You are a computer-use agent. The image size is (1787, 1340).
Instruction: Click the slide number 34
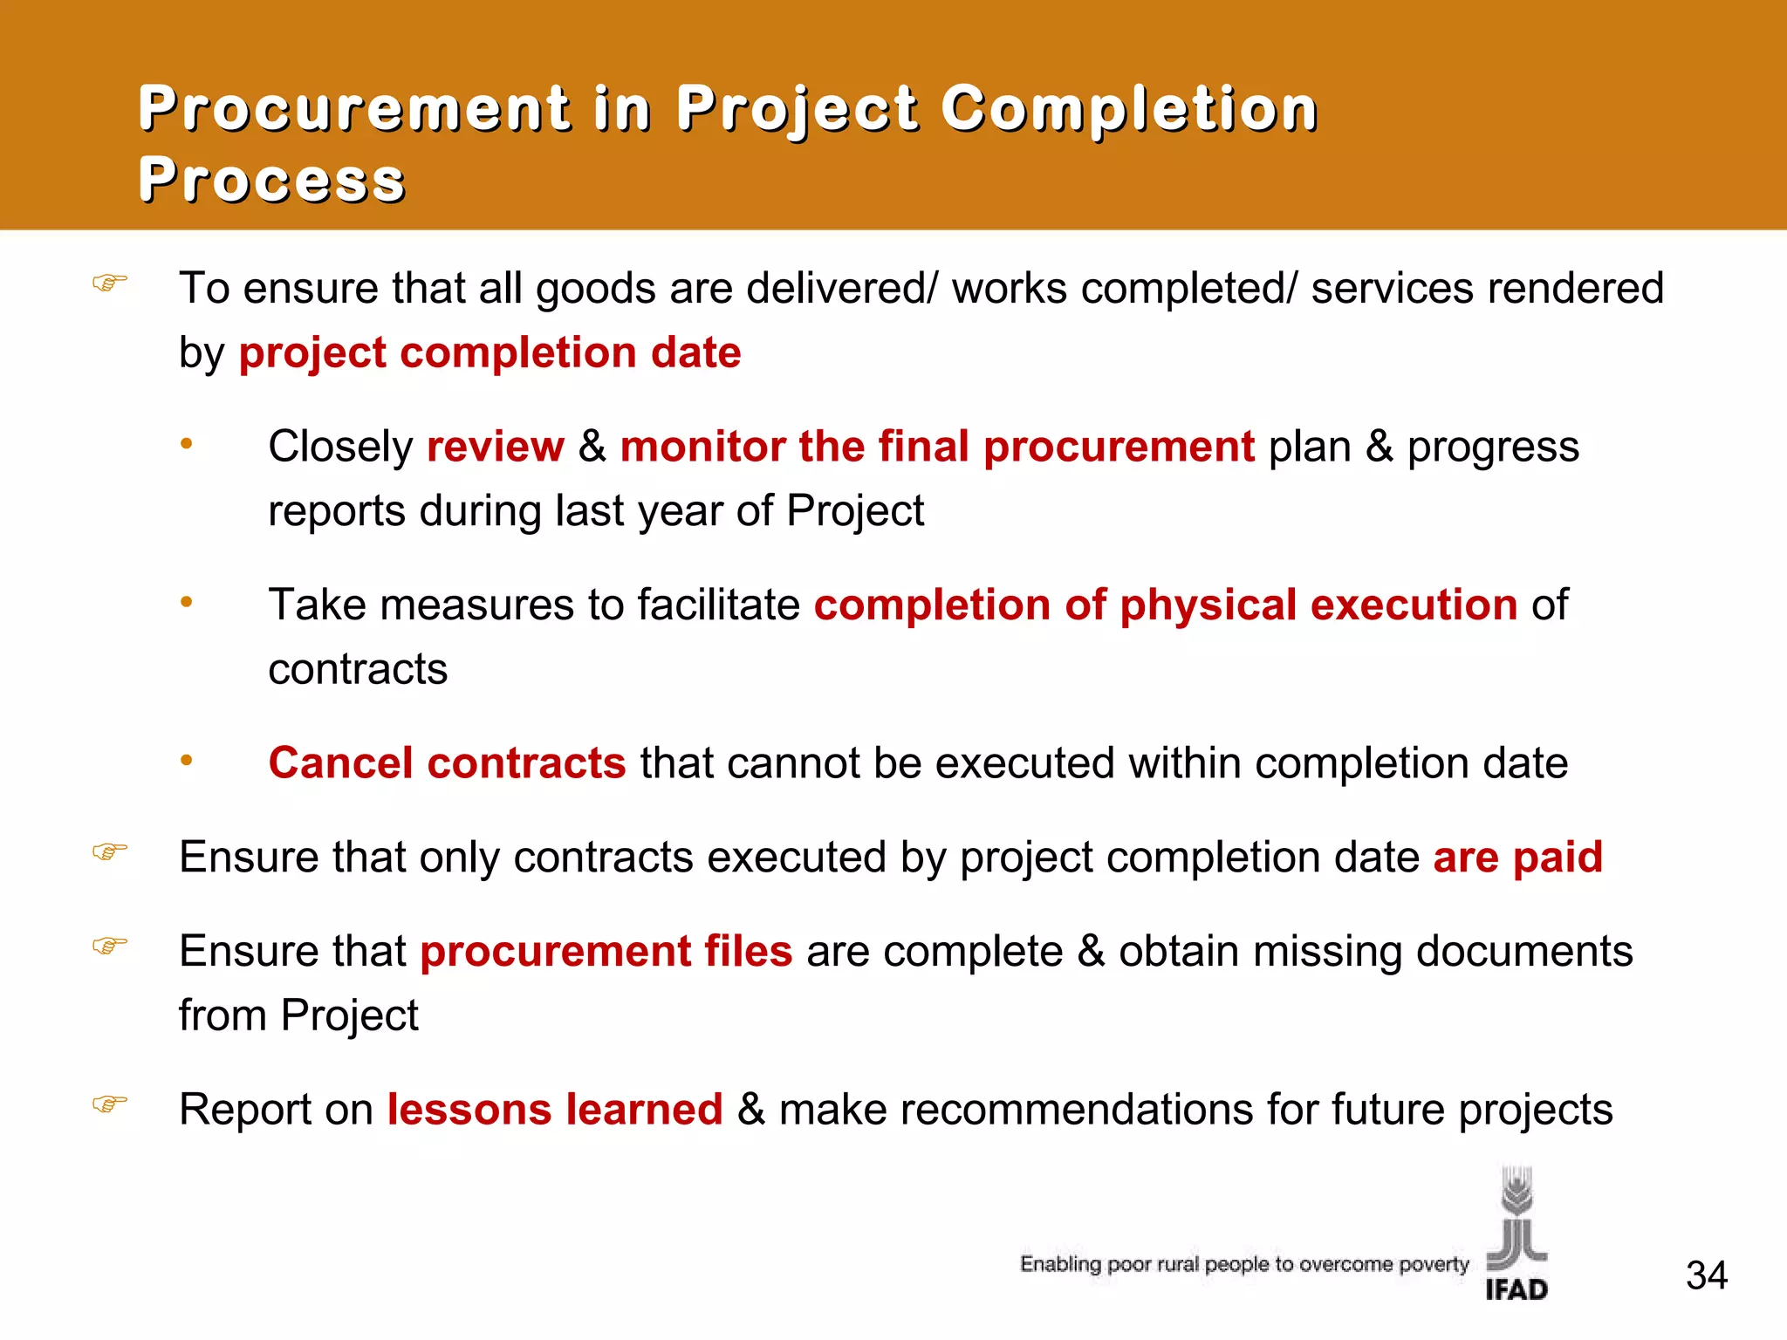1706,1275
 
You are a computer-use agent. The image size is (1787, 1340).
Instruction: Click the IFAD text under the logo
1517,1289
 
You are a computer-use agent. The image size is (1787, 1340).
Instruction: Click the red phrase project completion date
490,352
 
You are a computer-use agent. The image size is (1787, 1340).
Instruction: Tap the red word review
495,447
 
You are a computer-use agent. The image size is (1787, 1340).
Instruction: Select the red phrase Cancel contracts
447,763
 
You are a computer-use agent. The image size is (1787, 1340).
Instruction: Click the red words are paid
1517,857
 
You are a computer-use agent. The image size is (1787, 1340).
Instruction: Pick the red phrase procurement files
606,951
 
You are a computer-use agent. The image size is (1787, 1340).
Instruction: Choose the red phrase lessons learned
555,1110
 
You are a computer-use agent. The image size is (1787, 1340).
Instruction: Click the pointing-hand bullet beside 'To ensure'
110,283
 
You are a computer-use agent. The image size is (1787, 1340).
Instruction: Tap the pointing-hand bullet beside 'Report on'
110,1104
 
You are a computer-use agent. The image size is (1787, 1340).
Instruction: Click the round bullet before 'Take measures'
186,602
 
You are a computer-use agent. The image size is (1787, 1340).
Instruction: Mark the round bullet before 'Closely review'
186,444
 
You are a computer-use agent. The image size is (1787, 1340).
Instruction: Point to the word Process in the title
271,181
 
